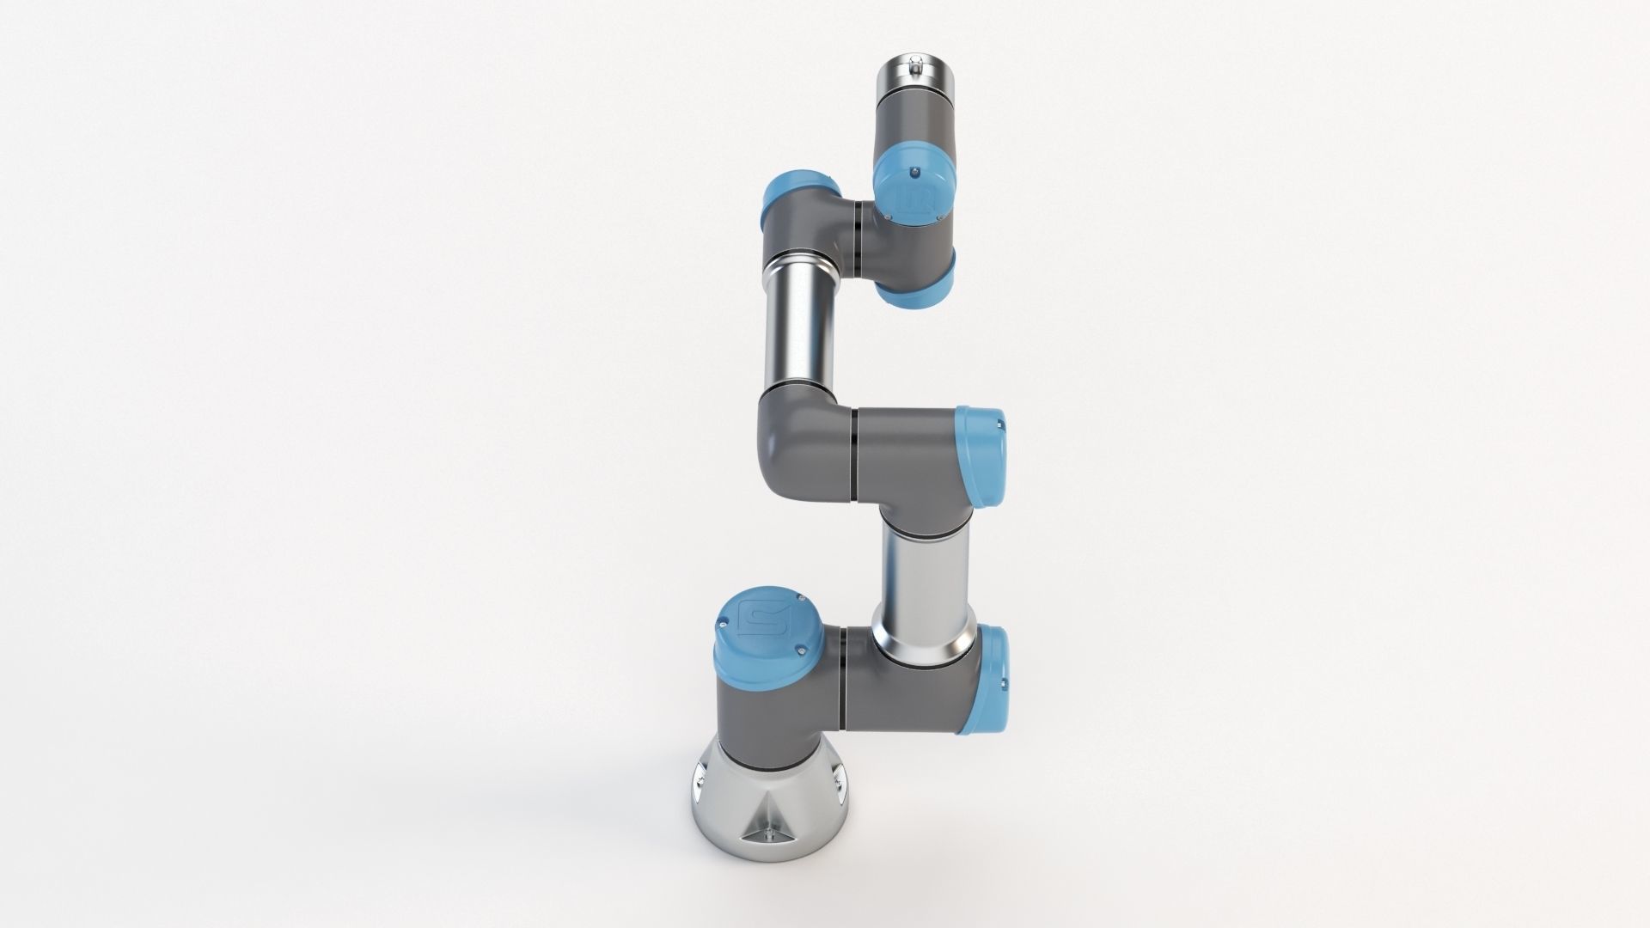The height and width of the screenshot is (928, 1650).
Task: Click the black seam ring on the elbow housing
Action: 852,455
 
